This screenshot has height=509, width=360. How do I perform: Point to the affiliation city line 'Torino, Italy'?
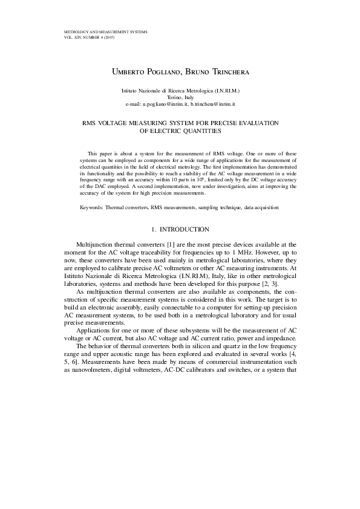point(180,97)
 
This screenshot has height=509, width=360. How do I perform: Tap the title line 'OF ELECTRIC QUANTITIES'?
point(180,129)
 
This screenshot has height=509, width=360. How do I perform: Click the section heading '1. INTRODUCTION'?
point(180,229)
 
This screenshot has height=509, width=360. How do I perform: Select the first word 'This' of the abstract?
point(93,154)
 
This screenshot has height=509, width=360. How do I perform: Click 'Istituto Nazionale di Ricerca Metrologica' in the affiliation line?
point(161,90)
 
